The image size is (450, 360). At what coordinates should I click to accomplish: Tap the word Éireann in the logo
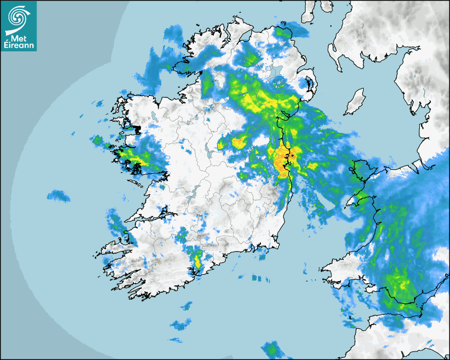click(x=19, y=46)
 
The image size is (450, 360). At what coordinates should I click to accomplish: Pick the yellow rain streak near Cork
click(x=198, y=260)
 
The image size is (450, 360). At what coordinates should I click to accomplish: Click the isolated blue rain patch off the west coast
click(x=59, y=196)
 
